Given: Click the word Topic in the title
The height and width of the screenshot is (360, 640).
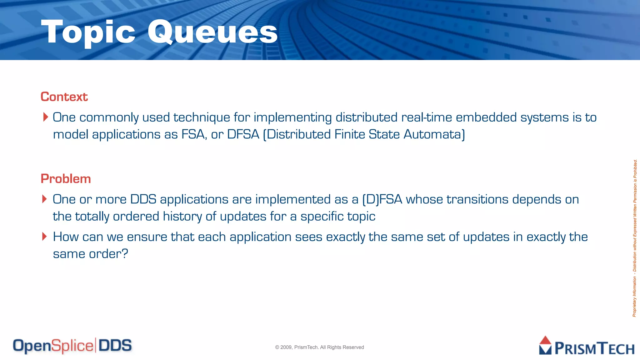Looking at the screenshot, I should pos(88,32).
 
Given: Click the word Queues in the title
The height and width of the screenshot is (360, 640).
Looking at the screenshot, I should pos(212,32).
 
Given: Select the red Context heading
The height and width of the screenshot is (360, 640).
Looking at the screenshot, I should pos(64,97).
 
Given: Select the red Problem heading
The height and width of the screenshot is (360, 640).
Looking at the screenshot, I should pos(66,179).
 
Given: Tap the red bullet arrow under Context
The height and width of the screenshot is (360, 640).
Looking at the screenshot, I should pos(46,117).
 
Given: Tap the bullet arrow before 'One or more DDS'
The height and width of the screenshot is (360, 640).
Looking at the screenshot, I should pos(45,199).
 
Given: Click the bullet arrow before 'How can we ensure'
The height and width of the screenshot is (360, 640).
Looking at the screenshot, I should pos(45,237).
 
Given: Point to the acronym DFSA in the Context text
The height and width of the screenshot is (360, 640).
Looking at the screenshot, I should pos(243,134).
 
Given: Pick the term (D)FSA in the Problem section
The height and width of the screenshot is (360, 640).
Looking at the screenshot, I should pos(382,199).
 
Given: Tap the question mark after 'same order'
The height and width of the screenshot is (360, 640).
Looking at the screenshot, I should pos(124,253).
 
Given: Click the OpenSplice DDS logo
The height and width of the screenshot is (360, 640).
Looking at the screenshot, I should pos(72,346).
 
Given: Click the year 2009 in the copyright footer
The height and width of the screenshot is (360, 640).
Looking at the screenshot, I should pos(286,347).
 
